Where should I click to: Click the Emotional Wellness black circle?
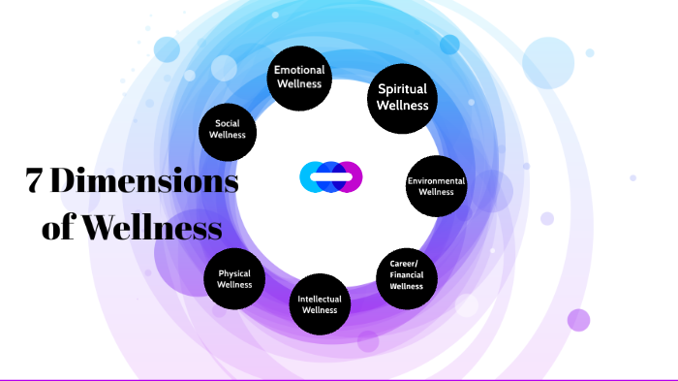click(299, 77)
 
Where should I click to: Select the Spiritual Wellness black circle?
click(402, 97)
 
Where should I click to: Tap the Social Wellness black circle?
click(229, 129)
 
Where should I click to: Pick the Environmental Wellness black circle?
click(436, 186)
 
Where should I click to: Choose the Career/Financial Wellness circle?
click(407, 275)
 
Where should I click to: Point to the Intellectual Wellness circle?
click(319, 304)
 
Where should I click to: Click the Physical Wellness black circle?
click(234, 279)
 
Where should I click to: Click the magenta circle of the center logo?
click(350, 176)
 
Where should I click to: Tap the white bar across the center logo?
click(331, 176)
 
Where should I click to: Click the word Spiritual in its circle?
click(402, 89)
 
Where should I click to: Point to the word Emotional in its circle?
click(299, 70)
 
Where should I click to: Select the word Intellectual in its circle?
click(319, 299)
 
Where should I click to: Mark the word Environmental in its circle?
click(436, 180)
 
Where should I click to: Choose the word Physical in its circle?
click(234, 273)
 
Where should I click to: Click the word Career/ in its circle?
click(407, 264)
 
